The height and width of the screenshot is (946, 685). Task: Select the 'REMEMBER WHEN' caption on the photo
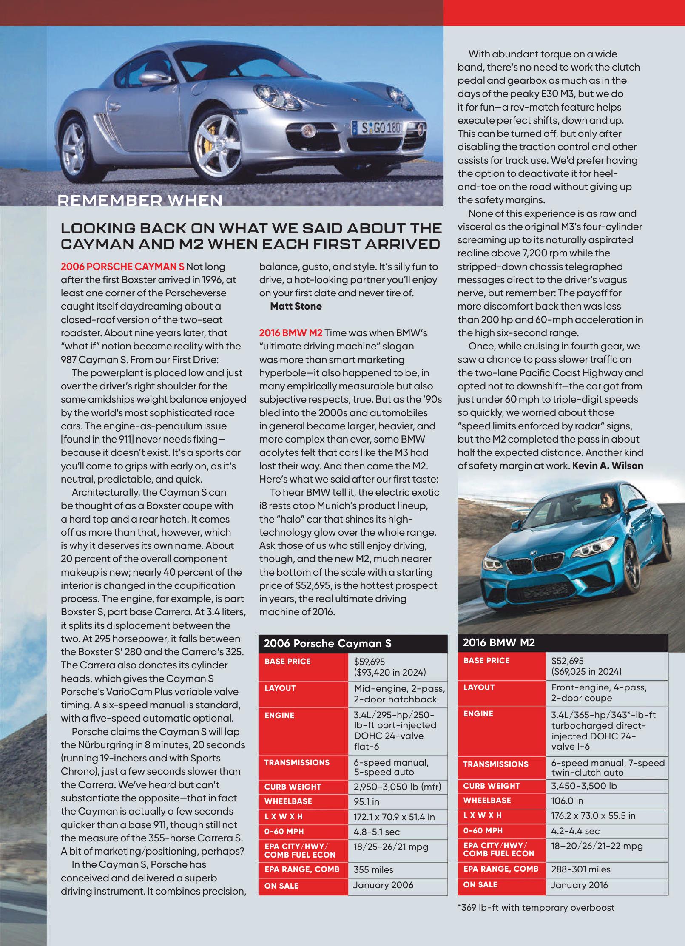pyautogui.click(x=140, y=200)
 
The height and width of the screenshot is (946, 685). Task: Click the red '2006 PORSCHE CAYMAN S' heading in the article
pyautogui.click(x=122, y=267)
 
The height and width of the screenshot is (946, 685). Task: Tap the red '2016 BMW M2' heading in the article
pyautogui.click(x=291, y=333)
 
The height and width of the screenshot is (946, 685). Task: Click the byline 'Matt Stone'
pyautogui.click(x=296, y=306)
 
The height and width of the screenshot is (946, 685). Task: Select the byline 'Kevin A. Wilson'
pyautogui.click(x=608, y=466)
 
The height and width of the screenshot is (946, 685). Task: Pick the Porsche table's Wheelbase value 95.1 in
pyautogui.click(x=367, y=802)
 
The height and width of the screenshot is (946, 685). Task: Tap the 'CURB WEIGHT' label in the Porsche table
pyautogui.click(x=293, y=787)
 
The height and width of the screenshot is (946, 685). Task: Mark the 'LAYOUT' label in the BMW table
pyautogui.click(x=479, y=687)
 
